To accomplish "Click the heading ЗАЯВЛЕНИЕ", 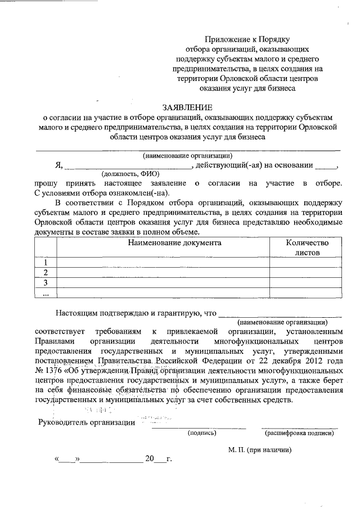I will [x=187, y=107].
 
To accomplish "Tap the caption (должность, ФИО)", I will [x=131, y=174].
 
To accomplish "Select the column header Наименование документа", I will [x=174, y=243].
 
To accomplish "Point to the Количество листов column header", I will [x=307, y=247].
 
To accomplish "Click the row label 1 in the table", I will [x=46, y=263].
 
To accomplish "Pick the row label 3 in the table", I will [x=46, y=282].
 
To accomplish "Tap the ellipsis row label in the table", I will [x=46, y=292].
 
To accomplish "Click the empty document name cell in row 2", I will [x=163, y=273].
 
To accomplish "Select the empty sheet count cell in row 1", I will [x=307, y=263].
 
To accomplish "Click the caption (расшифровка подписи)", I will [x=299, y=433].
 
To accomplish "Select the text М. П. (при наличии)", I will [x=259, y=451].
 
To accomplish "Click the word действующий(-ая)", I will [x=223, y=165].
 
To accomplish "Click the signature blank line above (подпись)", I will [x=200, y=427].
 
